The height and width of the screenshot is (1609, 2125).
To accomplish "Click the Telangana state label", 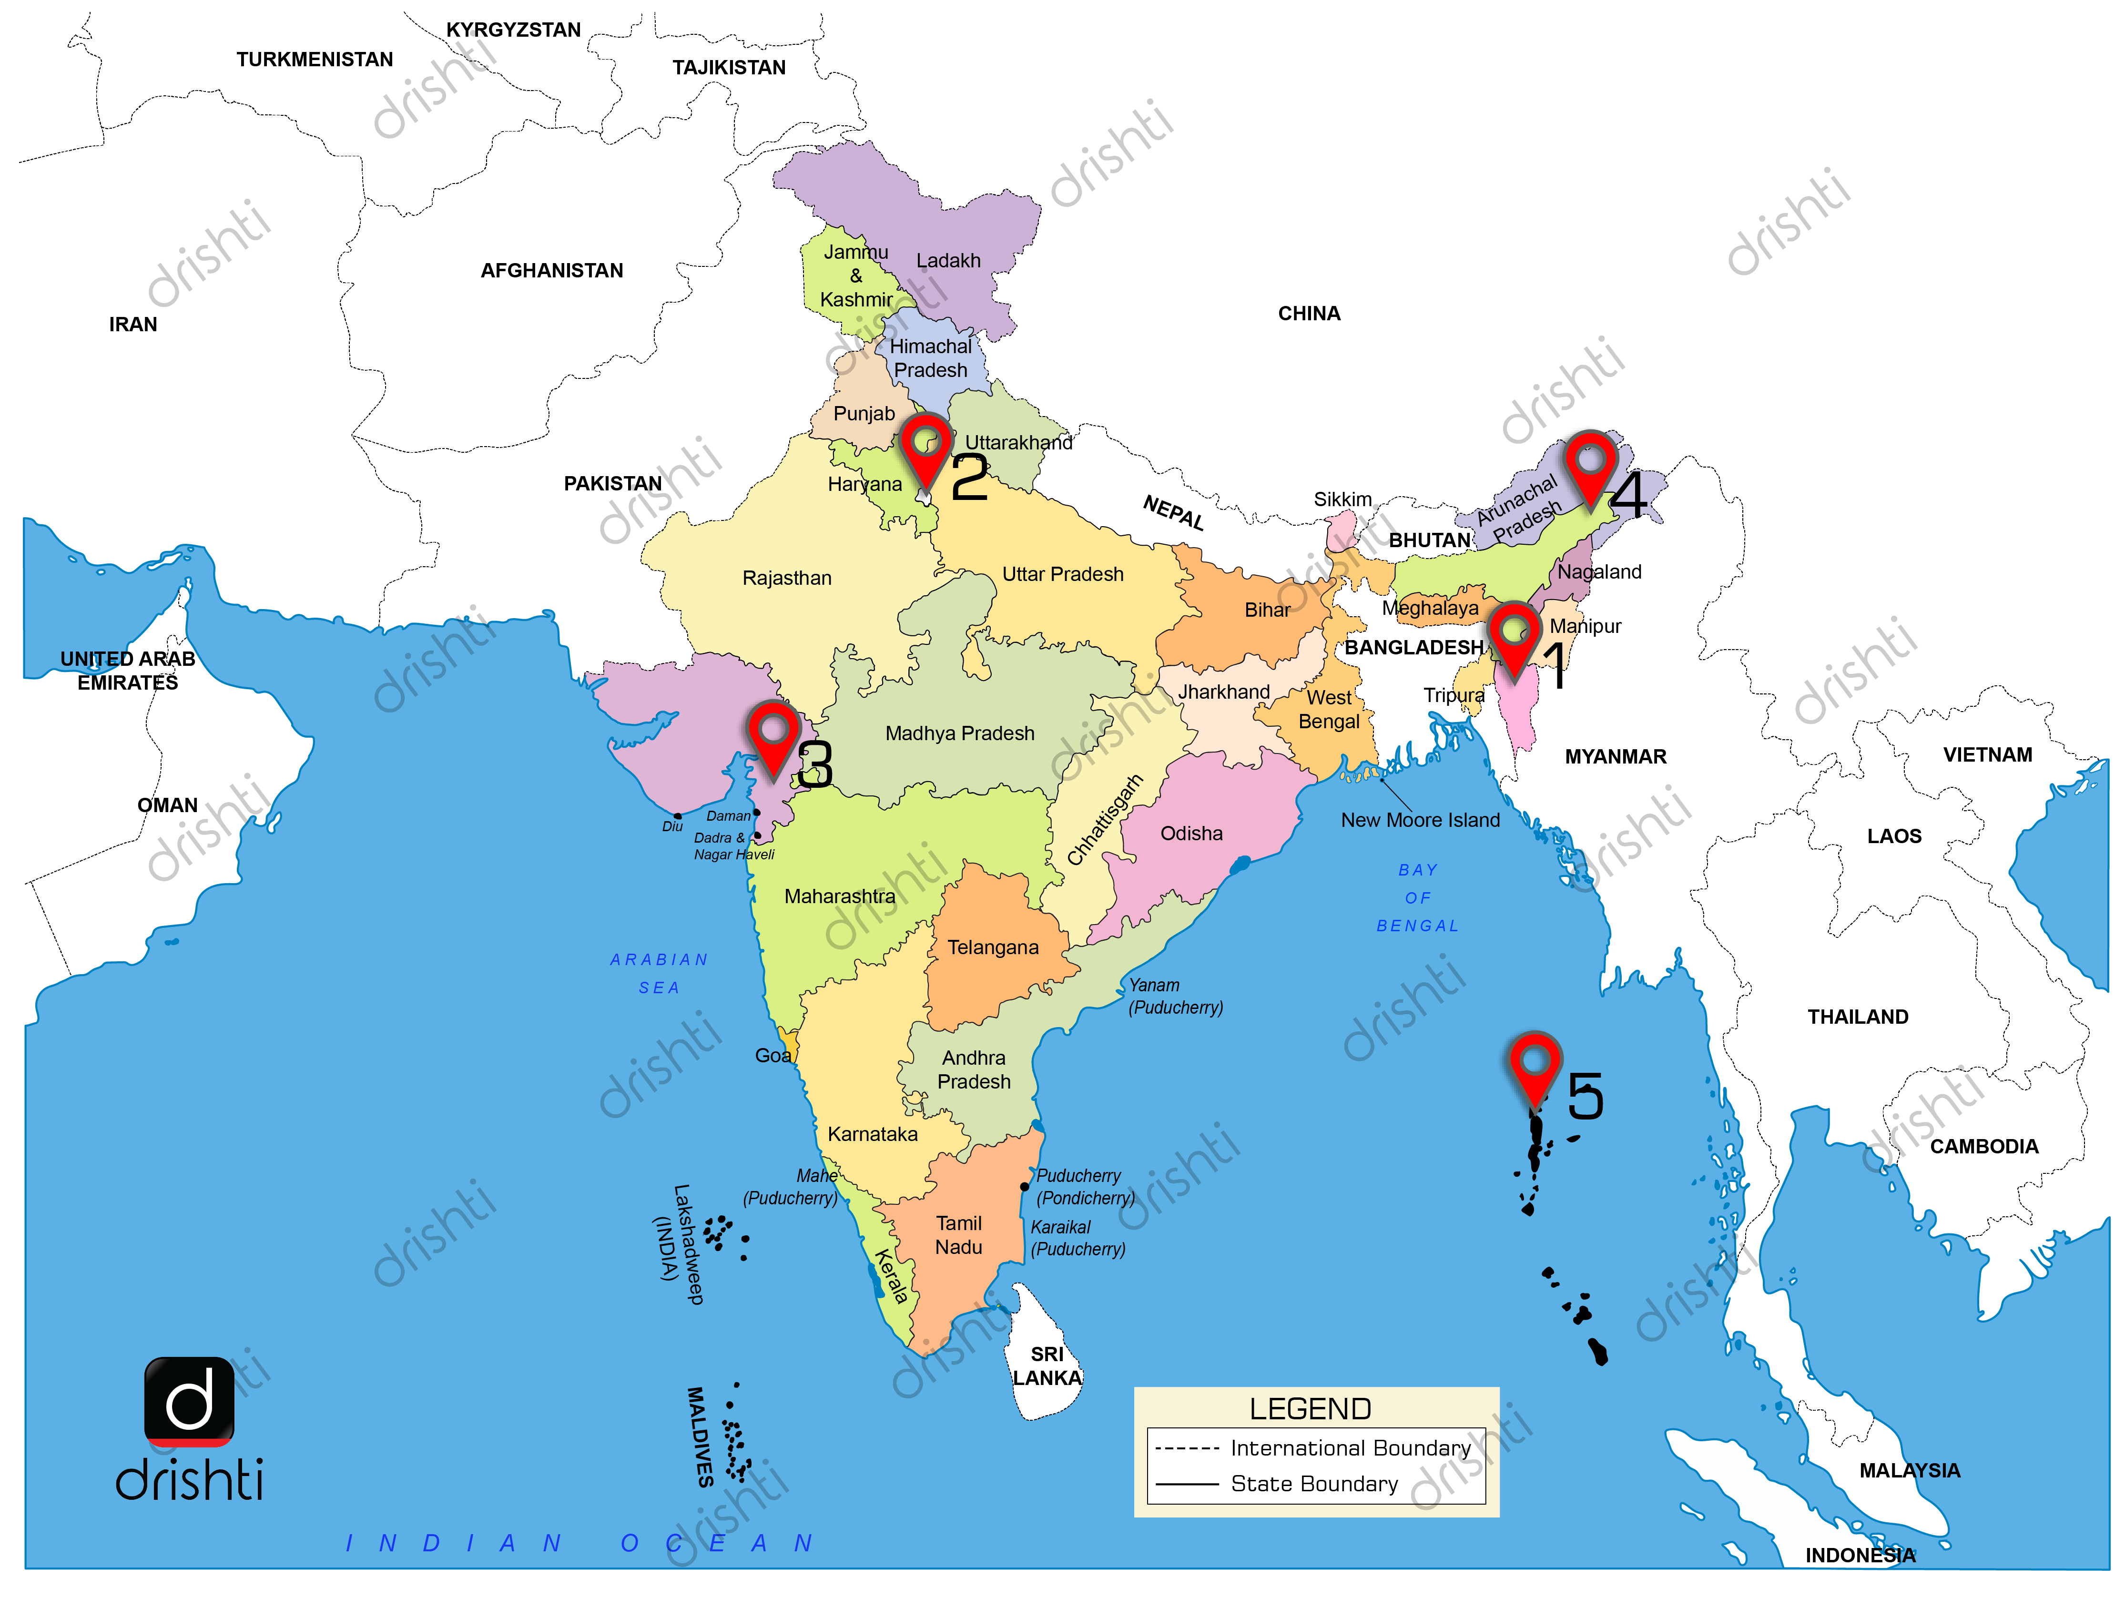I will pyautogui.click(x=992, y=947).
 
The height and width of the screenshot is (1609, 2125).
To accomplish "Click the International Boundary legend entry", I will pyautogui.click(x=1350, y=1447).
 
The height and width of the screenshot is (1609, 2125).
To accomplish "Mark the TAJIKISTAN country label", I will pyautogui.click(x=728, y=67).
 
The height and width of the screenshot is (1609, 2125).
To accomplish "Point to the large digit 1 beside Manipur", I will pyautogui.click(x=1556, y=666).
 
